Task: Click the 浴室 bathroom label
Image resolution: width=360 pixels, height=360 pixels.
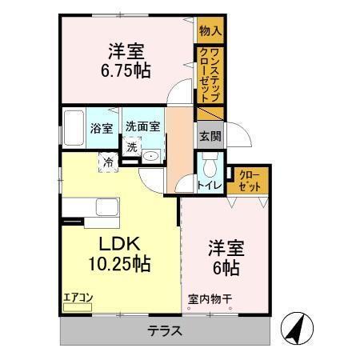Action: point(100,127)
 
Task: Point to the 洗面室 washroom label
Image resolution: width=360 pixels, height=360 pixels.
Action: point(142,126)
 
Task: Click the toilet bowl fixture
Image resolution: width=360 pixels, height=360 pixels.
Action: point(210,167)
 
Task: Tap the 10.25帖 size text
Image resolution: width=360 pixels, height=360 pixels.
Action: point(119,263)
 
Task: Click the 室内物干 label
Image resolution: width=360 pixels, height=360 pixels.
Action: point(209,301)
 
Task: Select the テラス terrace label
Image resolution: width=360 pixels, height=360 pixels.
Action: point(165,330)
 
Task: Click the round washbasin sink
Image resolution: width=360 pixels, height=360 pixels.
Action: point(154,154)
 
